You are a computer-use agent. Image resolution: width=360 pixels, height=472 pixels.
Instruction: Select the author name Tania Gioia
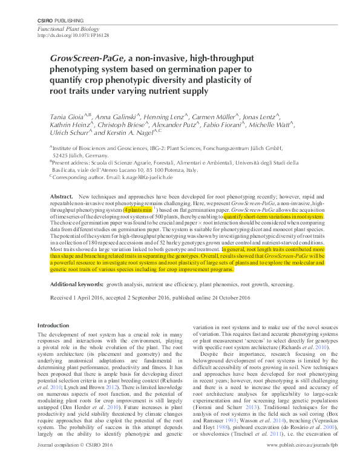(67, 114)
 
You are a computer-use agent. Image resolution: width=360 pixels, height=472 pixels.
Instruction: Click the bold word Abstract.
(61, 197)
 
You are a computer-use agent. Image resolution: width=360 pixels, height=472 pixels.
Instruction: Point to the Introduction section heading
(53, 326)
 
